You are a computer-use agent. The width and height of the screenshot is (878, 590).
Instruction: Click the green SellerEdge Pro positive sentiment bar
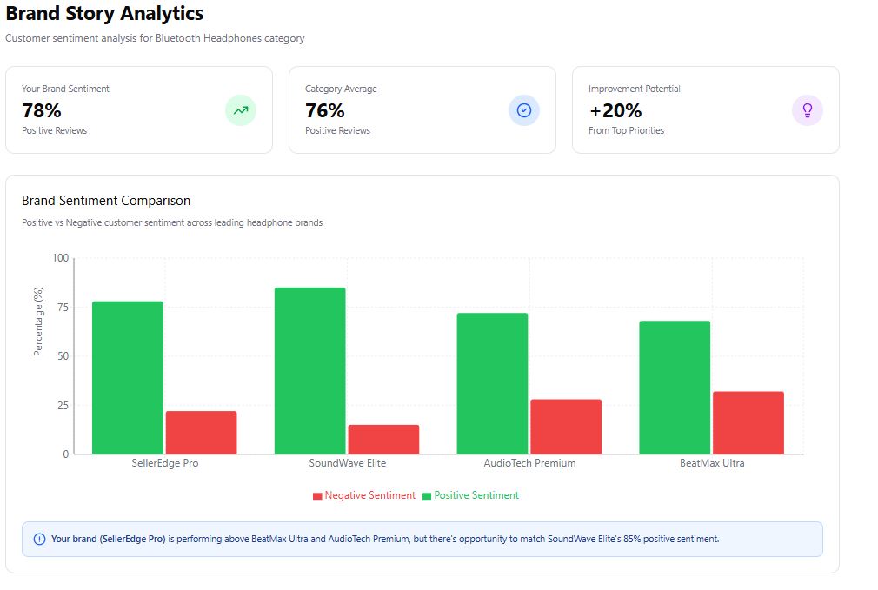[x=127, y=377]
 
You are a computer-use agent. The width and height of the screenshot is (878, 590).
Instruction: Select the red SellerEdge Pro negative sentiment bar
[x=201, y=432]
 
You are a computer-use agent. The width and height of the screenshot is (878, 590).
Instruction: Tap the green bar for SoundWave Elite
[x=309, y=370]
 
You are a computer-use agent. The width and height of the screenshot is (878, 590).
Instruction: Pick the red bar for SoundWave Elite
[x=383, y=439]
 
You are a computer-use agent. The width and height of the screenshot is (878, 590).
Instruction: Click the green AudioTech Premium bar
[x=492, y=383]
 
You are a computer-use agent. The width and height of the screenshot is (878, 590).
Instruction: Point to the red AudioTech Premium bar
[x=566, y=426]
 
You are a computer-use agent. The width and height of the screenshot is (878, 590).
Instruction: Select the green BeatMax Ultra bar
[x=675, y=387]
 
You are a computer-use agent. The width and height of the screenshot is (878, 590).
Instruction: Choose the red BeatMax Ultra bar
[x=748, y=422]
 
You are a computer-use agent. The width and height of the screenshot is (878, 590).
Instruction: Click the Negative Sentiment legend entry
[x=364, y=495]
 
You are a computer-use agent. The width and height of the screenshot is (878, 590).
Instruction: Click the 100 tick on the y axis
[x=59, y=258]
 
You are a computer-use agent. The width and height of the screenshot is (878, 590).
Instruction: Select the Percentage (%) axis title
[x=38, y=322]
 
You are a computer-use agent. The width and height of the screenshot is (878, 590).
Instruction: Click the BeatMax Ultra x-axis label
[x=712, y=463]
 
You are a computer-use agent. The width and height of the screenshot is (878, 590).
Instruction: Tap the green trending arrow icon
[x=241, y=110]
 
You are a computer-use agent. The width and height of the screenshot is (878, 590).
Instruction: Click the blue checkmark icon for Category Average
[x=524, y=110]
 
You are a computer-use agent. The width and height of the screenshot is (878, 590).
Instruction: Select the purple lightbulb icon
[x=808, y=110]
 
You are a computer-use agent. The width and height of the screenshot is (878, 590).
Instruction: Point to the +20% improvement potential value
[x=615, y=110]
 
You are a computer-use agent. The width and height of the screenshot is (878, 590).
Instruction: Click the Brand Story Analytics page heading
[x=104, y=14]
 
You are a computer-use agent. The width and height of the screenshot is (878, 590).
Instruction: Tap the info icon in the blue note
[x=39, y=539]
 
